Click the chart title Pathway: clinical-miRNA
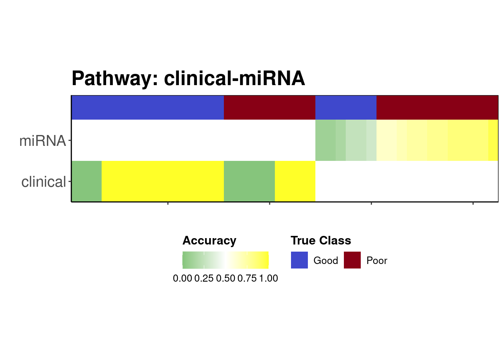coord(188,78)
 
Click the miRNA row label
coord(42,141)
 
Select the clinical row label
coord(43,181)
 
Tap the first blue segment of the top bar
coord(148,108)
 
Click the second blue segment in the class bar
coord(346,108)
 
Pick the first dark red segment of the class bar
coord(270,108)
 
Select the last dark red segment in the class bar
coord(437,108)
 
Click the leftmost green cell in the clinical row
coord(87,181)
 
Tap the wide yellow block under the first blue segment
coord(163,181)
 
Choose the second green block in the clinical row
coord(249,181)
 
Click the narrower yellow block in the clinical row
coord(295,181)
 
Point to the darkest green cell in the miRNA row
coord(325,140)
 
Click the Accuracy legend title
coord(209,241)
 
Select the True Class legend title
coord(321,240)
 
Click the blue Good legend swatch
coord(299,260)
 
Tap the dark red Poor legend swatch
coord(352,260)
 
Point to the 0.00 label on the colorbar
coord(183,278)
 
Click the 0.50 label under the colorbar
coord(225,278)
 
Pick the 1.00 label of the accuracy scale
coord(268,278)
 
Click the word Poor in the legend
coord(377,261)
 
